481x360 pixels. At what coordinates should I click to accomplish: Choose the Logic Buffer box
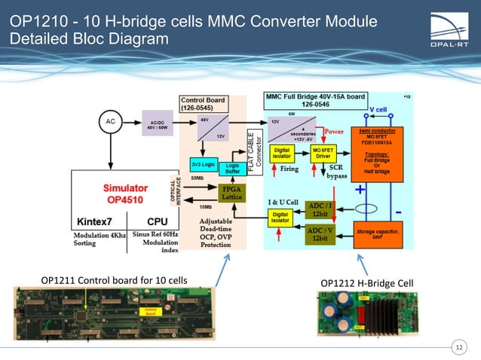point(233,168)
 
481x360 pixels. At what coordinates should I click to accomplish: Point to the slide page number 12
point(458,346)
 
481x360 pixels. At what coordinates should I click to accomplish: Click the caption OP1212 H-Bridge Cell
point(366,283)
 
